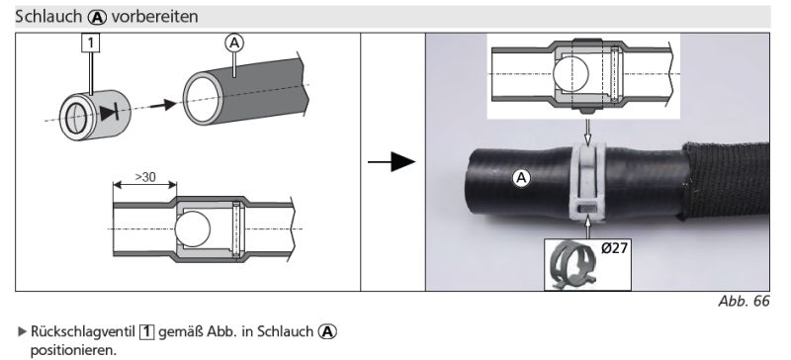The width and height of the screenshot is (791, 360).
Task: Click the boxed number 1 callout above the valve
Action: tap(90, 43)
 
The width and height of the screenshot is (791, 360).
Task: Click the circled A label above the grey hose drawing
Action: tap(234, 44)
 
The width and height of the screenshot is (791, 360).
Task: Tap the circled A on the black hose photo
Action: tap(522, 178)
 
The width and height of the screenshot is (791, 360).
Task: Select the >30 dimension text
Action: tap(145, 177)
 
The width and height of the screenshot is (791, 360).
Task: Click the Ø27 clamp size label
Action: tap(614, 248)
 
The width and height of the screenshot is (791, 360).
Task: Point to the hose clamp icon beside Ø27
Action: tap(571, 265)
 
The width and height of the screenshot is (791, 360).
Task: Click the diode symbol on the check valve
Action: tap(109, 113)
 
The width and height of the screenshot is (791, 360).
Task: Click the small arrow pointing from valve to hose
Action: tap(163, 105)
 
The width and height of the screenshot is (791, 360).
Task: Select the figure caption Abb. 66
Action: tap(745, 302)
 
